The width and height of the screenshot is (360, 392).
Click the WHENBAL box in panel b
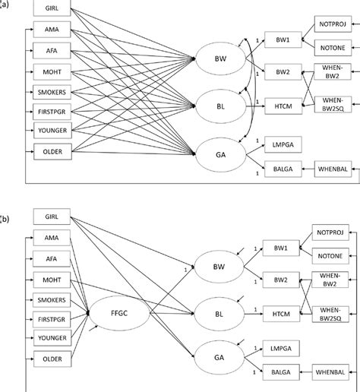[x=335, y=373]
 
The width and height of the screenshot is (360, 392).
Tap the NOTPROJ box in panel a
[x=335, y=26]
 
